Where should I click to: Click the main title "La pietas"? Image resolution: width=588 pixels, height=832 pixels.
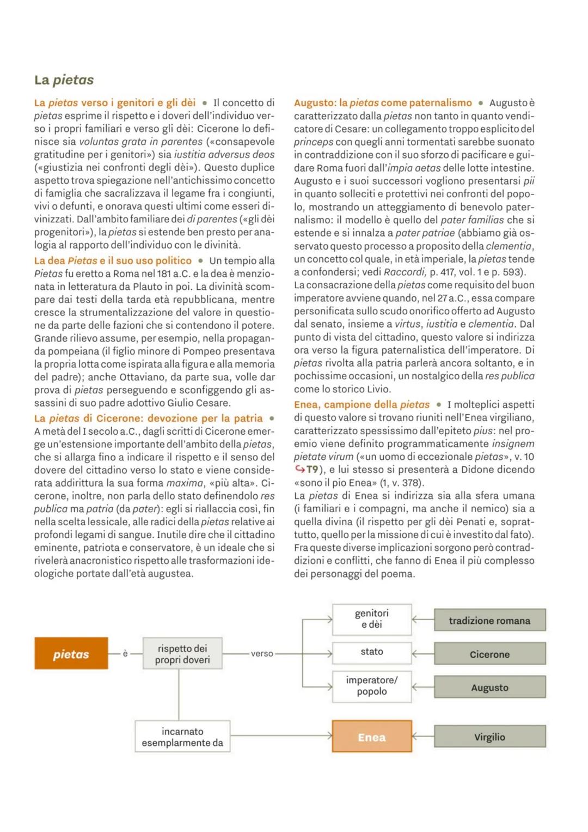coord(64,80)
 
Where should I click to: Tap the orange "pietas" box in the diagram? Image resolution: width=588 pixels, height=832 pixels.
coord(71,654)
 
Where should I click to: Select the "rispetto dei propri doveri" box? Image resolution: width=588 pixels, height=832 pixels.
coord(182,654)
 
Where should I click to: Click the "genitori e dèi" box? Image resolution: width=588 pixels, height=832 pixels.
coord(371,619)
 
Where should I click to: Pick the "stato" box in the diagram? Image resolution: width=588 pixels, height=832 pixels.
coord(371,652)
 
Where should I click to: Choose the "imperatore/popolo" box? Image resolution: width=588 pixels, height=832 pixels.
coord(371,686)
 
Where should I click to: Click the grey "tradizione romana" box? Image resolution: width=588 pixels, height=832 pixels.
coord(489,621)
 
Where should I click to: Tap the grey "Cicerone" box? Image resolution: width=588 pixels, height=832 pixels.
coord(489,654)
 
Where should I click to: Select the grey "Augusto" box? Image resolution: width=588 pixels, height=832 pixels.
coord(489,688)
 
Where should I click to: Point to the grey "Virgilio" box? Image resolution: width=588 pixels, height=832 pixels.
coord(489,737)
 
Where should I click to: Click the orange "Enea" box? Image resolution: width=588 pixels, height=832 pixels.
coord(371,737)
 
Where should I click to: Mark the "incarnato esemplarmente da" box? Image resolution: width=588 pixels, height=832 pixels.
coord(182,737)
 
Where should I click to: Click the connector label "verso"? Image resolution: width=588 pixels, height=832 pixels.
coord(262,654)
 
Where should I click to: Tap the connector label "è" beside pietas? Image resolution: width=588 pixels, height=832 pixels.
coord(125,653)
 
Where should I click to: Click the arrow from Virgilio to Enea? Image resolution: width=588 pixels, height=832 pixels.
coord(422,737)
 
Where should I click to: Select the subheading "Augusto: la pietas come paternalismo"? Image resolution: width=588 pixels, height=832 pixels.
coord(383,103)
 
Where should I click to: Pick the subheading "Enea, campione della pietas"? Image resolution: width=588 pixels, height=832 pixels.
coord(362,405)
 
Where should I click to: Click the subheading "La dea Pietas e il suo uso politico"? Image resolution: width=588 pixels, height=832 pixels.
coord(113,261)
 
